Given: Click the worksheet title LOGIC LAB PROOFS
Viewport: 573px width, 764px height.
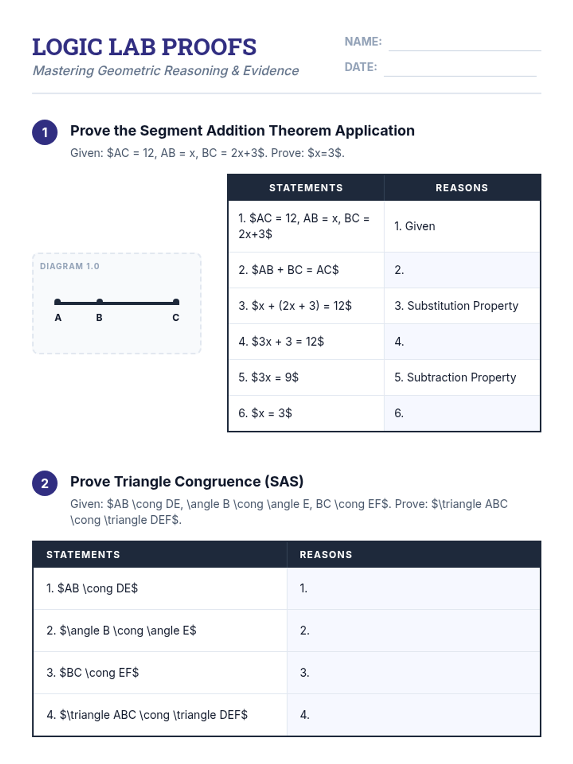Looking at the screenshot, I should (144, 47).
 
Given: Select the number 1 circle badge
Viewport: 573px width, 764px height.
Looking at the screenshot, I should (45, 132).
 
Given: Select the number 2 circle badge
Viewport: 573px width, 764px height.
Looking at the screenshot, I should (45, 483).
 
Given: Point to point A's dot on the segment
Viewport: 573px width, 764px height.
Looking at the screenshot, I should (58, 302).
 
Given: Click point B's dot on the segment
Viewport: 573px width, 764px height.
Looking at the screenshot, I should (99, 302).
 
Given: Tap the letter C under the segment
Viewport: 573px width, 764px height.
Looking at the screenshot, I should (176, 318).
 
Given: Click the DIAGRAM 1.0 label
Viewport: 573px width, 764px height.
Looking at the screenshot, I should (70, 266).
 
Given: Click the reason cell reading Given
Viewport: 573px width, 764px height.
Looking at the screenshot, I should (462, 226).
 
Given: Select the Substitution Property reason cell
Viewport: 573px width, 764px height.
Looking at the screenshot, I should (462, 306).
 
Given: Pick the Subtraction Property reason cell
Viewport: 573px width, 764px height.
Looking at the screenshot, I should (462, 377).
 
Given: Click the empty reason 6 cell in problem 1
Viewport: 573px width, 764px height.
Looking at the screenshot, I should (462, 413).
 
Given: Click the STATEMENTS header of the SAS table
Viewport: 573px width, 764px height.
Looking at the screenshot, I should (83, 554).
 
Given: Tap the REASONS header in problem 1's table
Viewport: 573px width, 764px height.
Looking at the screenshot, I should (462, 188).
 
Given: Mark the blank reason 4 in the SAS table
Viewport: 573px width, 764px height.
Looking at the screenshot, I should (413, 715).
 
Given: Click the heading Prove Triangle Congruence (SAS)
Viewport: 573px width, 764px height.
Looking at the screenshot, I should (187, 481).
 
